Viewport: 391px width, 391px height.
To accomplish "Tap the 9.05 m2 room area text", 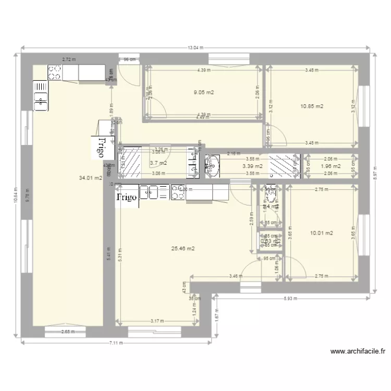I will (x=204, y=92).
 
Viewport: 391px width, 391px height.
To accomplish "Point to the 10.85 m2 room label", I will (x=312, y=106).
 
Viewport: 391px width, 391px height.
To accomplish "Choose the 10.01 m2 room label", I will (x=322, y=233).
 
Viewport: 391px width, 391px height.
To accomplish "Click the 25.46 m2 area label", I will (x=183, y=249).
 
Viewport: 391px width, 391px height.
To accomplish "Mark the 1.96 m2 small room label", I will (x=330, y=166).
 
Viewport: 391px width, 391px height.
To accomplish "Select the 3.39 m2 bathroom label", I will (x=253, y=166).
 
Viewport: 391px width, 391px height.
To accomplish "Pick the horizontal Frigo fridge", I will (x=127, y=198).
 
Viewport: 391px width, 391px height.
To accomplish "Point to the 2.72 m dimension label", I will (x=69, y=60).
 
